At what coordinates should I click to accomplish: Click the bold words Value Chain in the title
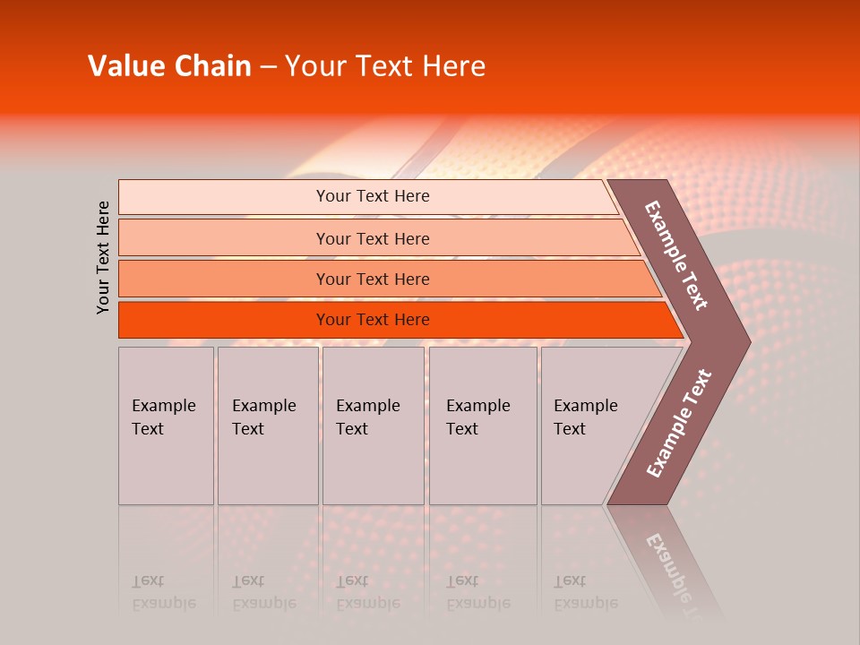[169, 66]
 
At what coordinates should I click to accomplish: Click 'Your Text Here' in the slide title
[385, 66]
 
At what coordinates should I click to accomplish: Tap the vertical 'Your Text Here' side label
[103, 257]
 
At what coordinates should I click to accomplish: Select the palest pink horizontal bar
[224, 197]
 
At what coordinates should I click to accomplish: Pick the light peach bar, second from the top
[224, 238]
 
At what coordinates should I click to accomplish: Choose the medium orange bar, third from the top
[224, 279]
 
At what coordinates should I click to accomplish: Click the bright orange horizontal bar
[224, 320]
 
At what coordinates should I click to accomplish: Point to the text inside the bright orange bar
[373, 320]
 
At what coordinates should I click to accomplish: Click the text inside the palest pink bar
[373, 196]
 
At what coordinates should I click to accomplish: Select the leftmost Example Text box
[166, 426]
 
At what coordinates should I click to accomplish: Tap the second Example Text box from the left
[268, 426]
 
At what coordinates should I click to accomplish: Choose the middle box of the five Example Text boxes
[373, 426]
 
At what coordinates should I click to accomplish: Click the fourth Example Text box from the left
[483, 426]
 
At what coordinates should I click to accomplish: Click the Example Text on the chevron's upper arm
[676, 255]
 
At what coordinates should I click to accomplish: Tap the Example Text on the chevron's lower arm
[679, 423]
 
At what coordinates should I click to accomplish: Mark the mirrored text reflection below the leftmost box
[163, 592]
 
